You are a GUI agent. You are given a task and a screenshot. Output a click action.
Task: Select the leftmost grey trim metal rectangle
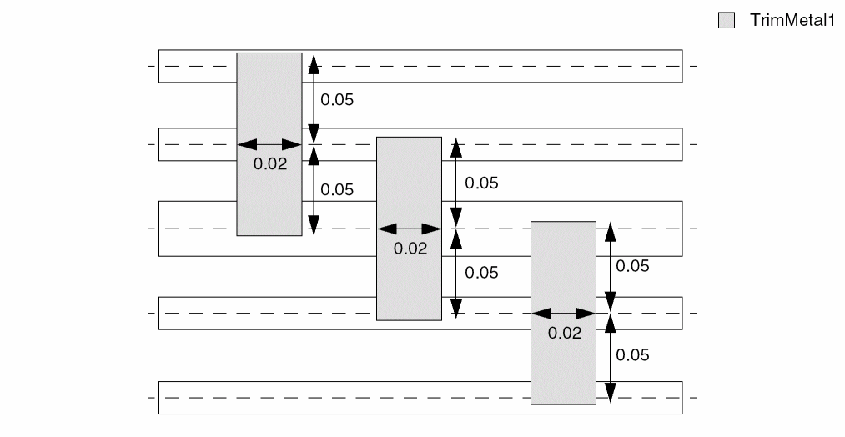[269, 100]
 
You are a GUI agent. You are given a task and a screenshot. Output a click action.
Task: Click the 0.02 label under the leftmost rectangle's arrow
[269, 164]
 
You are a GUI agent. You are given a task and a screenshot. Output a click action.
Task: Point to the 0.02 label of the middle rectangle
[410, 248]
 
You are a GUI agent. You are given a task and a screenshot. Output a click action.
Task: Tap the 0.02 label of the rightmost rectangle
[564, 332]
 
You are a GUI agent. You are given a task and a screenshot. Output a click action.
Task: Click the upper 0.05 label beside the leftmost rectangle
[337, 100]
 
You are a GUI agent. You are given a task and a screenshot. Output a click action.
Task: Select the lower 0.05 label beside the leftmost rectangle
[337, 189]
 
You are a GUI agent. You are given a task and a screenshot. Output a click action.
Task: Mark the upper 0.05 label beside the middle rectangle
[480, 183]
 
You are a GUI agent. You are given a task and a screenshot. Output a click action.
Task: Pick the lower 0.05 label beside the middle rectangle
[480, 272]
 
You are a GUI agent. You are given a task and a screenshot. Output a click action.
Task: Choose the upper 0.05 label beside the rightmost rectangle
[632, 266]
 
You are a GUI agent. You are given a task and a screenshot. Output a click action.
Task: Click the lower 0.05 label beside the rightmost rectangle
[632, 354]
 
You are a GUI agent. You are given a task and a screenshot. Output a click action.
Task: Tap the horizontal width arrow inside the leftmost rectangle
[269, 145]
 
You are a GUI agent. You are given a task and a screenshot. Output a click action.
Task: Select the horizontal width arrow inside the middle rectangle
[409, 229]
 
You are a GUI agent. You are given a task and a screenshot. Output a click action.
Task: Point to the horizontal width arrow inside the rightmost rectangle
[564, 313]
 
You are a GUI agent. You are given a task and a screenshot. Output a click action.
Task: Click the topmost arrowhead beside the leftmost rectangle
[314, 62]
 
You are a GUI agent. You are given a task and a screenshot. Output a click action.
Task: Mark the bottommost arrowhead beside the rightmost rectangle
[610, 393]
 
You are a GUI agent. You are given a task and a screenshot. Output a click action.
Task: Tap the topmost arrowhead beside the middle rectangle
[455, 147]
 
